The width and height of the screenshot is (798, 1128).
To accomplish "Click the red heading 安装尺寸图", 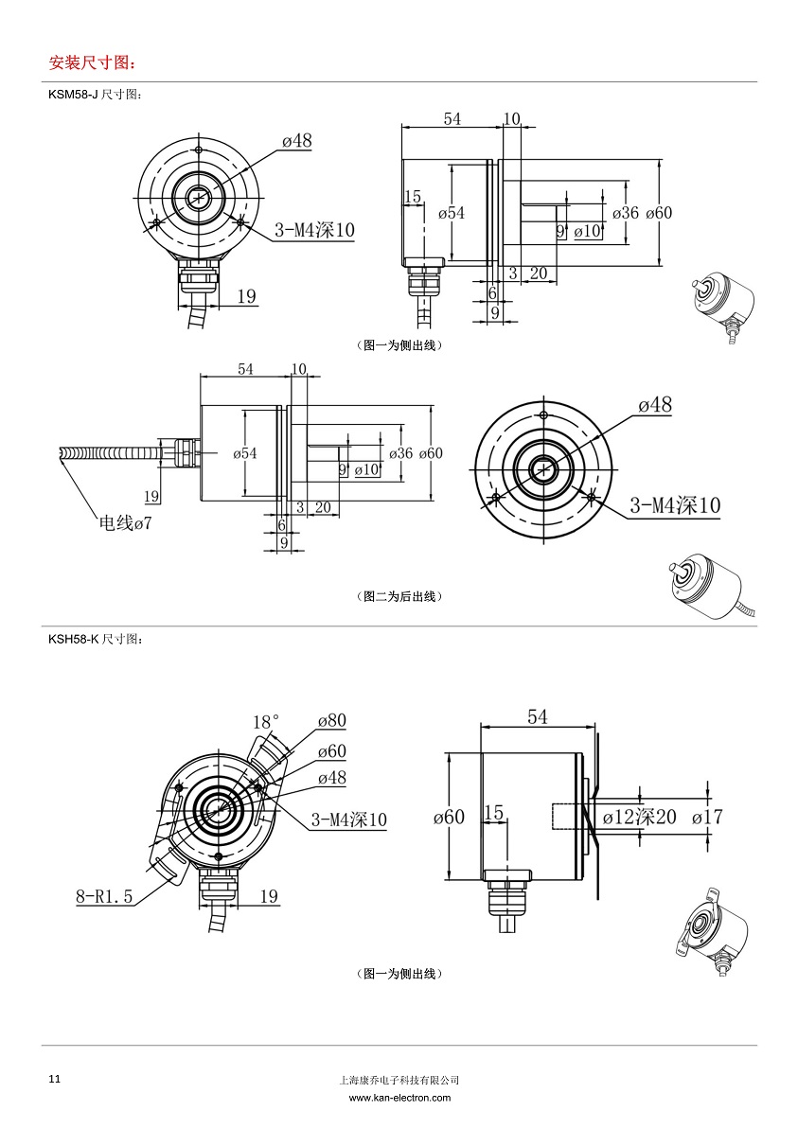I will pyautogui.click(x=91, y=63).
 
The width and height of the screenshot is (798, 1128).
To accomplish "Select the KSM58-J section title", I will pyautogui.click(x=95, y=96).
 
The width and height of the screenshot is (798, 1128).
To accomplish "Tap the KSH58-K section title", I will pyautogui.click(x=96, y=640).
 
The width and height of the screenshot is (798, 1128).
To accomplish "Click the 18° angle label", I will pyautogui.click(x=265, y=722).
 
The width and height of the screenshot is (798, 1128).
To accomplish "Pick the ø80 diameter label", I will pyautogui.click(x=331, y=721).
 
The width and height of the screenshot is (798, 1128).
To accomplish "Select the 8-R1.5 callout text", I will pyautogui.click(x=105, y=895).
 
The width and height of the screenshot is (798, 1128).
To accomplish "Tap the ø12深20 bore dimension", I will pyautogui.click(x=639, y=816).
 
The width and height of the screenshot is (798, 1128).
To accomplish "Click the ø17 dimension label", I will pyautogui.click(x=707, y=816).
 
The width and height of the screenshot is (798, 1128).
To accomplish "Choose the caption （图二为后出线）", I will pyautogui.click(x=399, y=596).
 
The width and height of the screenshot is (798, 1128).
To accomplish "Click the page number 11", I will pyautogui.click(x=54, y=1079).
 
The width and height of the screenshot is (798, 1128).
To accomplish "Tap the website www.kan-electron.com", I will pyautogui.click(x=399, y=1098).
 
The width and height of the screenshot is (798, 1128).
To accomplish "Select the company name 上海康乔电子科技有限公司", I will pyautogui.click(x=399, y=1080).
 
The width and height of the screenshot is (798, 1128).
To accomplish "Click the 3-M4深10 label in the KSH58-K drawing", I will pyautogui.click(x=349, y=820).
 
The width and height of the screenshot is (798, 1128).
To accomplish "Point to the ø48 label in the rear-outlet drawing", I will pyautogui.click(x=654, y=405).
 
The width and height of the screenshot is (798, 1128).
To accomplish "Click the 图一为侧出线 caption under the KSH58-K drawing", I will pyautogui.click(x=399, y=973).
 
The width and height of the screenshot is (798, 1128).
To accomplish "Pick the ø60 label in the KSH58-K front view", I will pyautogui.click(x=331, y=750).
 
